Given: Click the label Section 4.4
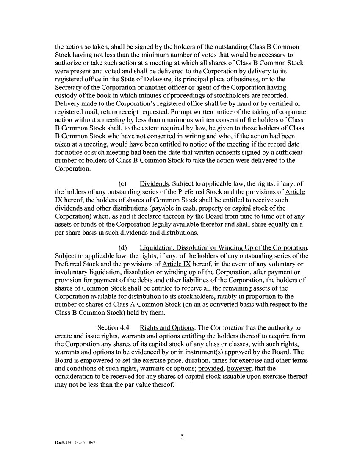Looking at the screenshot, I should (113, 328).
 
